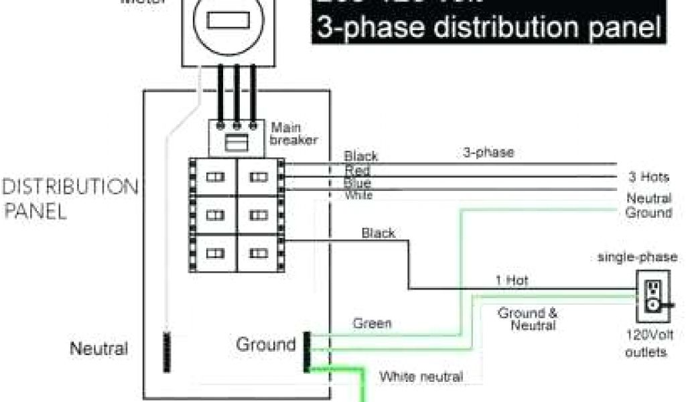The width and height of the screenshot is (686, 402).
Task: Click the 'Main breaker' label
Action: click(293, 133)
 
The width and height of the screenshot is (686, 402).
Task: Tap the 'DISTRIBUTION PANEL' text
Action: click(70, 199)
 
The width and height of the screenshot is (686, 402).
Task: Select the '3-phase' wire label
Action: click(488, 153)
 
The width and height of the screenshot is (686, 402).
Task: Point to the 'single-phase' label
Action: click(637, 257)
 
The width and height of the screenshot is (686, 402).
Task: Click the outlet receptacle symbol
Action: click(650, 294)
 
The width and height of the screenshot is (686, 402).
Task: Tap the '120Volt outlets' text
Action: click(646, 343)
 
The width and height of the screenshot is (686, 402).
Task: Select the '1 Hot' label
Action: click(512, 281)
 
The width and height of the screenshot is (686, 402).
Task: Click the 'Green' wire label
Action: click(372, 324)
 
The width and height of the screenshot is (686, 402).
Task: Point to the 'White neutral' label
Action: click(421, 377)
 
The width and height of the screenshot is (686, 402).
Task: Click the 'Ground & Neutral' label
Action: click(527, 319)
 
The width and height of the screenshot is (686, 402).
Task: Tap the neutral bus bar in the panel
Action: click(167, 351)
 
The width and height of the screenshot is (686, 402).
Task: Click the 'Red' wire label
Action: click(357, 170)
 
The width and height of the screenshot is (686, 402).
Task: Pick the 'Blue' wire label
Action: click(357, 183)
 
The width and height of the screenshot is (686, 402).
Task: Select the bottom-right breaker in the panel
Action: click(258, 253)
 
